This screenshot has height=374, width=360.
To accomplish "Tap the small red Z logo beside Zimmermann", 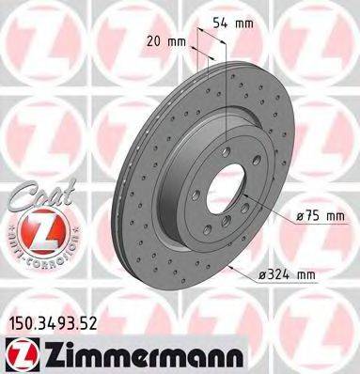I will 19,354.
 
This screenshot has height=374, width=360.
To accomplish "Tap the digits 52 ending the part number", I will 88,324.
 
